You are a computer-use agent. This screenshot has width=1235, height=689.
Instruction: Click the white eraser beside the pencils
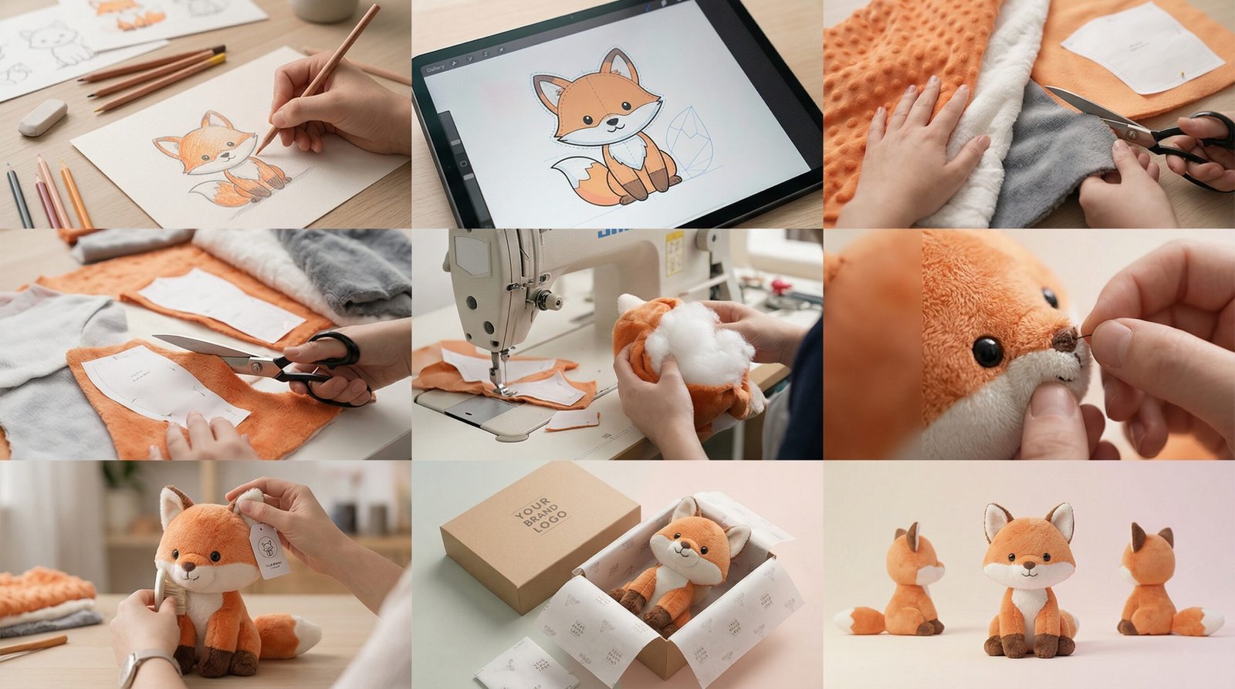[x=42, y=117]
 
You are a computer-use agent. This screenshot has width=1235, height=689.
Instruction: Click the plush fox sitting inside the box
[x=679, y=563]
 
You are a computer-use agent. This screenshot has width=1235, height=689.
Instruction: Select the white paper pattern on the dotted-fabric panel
[x=1142, y=46]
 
